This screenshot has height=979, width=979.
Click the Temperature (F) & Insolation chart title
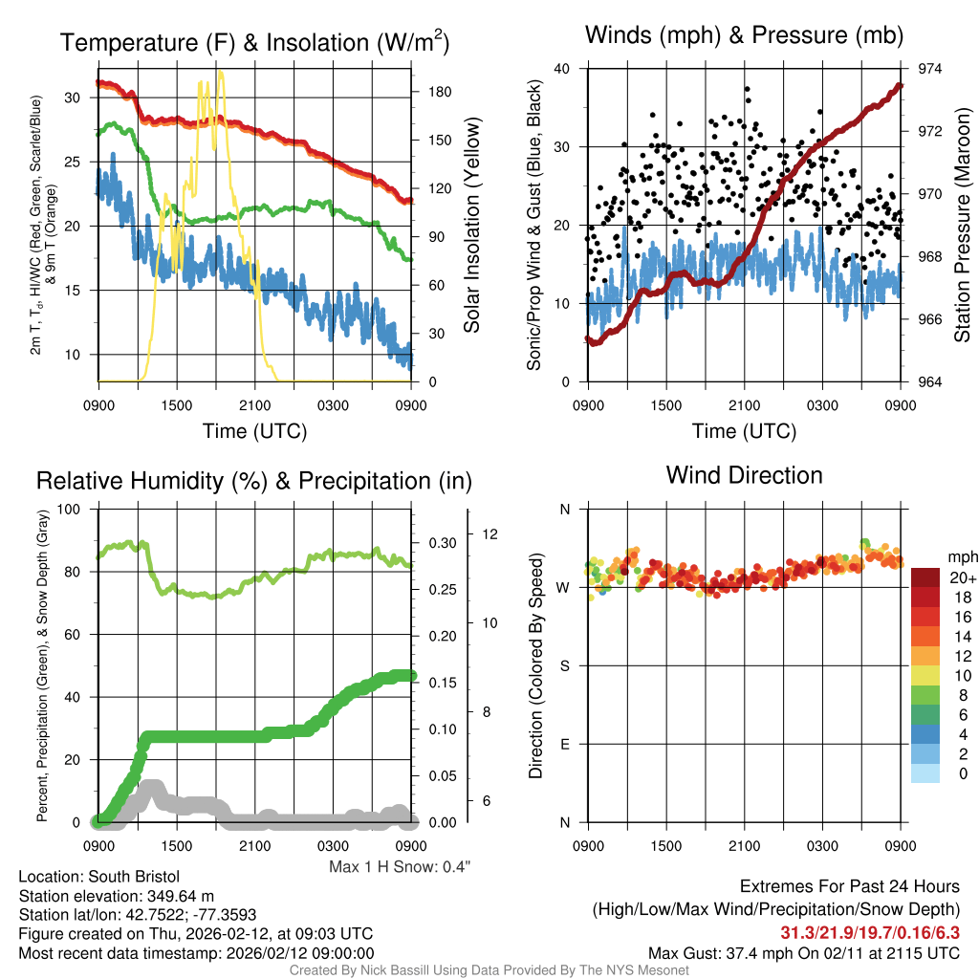coord(254,43)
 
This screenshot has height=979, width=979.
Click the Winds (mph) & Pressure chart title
coord(744,36)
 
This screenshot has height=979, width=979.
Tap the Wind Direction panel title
coord(744,475)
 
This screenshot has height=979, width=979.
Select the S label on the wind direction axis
coord(565,666)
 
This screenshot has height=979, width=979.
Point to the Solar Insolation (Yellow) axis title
coord(471,226)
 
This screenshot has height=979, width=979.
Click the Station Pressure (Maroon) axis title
coord(962,226)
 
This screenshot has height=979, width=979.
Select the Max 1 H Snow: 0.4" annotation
coord(400,867)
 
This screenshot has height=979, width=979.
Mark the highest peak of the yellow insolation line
coord(220,72)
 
